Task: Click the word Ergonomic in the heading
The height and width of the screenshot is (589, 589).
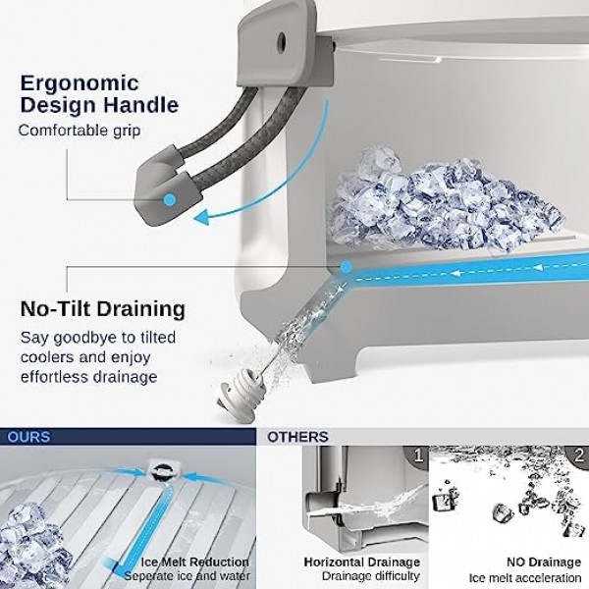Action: pyautogui.click(x=80, y=83)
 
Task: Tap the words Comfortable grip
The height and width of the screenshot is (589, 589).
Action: pyautogui.click(x=80, y=131)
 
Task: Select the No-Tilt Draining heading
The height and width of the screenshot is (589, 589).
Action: pyautogui.click(x=103, y=309)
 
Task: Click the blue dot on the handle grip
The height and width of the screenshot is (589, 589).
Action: pyautogui.click(x=170, y=200)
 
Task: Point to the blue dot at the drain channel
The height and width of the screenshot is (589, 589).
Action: pyautogui.click(x=347, y=267)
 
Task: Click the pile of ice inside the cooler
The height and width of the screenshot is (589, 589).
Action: pyautogui.click(x=444, y=199)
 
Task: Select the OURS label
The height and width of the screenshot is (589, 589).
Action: pyautogui.click(x=28, y=437)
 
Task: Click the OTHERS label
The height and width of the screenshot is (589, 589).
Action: pyautogui.click(x=297, y=437)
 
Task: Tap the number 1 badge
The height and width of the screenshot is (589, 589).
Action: pyautogui.click(x=417, y=456)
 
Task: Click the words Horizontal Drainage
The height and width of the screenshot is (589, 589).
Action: pyautogui.click(x=361, y=562)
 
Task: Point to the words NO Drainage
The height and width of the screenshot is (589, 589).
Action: pyautogui.click(x=544, y=562)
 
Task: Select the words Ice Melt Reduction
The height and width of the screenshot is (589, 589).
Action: pyautogui.click(x=195, y=562)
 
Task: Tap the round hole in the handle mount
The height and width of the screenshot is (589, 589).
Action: pyautogui.click(x=282, y=39)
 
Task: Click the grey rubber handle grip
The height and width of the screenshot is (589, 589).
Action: pyautogui.click(x=168, y=187)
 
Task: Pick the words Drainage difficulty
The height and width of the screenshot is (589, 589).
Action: pyautogui.click(x=371, y=576)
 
